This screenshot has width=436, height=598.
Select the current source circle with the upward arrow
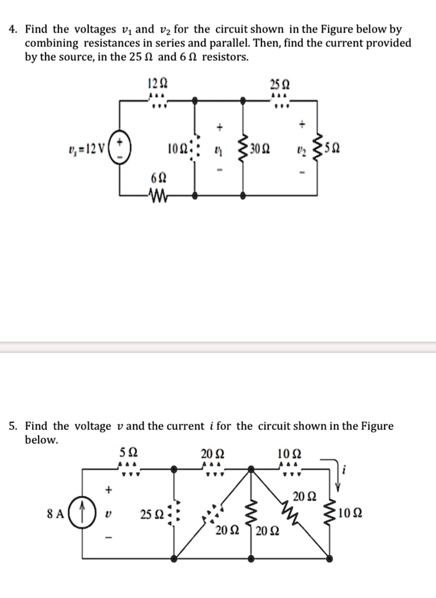83,515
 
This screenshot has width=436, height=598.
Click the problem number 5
12,426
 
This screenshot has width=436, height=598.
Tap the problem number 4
12,29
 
